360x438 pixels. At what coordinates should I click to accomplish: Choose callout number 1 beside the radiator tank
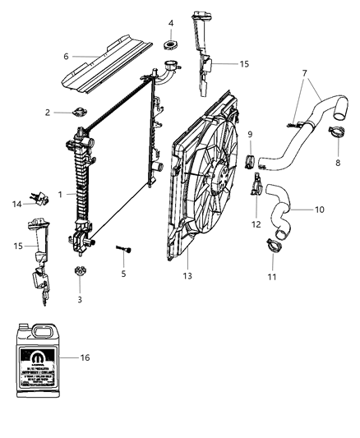[61, 194]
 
